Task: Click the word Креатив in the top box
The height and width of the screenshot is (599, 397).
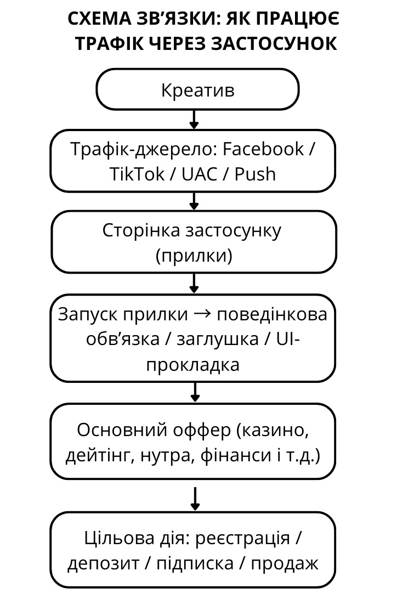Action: (198, 90)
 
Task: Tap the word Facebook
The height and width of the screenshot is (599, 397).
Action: (263, 149)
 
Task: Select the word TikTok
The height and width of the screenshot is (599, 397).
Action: (137, 174)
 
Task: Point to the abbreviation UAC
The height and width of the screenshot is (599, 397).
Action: (199, 174)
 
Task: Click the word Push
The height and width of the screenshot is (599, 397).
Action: (255, 174)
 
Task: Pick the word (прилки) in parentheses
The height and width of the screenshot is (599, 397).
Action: (194, 256)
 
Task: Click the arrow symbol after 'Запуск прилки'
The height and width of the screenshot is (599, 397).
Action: (203, 314)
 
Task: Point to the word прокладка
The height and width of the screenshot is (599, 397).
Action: (193, 364)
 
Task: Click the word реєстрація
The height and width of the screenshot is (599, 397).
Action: (243, 539)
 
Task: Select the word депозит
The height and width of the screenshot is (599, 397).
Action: (103, 564)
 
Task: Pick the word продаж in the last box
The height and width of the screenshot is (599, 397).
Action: (285, 564)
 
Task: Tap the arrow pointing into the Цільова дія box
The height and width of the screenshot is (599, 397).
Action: (195, 499)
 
